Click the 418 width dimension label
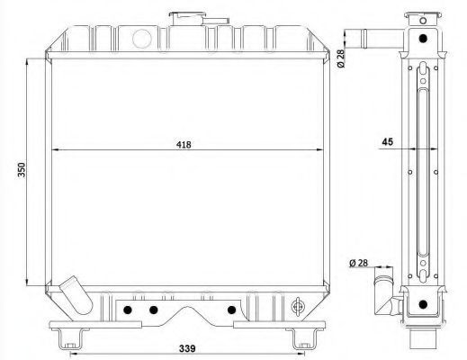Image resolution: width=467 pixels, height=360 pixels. tap(184, 145)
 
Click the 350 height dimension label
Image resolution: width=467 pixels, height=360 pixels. tap(22, 170)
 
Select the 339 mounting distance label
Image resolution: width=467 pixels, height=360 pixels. tap(187, 348)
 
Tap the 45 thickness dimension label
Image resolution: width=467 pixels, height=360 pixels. tap(387, 141)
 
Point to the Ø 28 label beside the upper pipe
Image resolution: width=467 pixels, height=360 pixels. tap(341, 58)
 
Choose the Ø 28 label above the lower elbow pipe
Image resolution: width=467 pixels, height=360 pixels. tap(358, 263)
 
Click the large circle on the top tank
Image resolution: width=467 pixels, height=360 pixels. tap(141, 39)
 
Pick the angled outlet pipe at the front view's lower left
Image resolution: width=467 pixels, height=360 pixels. tap(76, 295)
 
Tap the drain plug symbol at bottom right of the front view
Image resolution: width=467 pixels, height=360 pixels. tap(298, 307)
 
